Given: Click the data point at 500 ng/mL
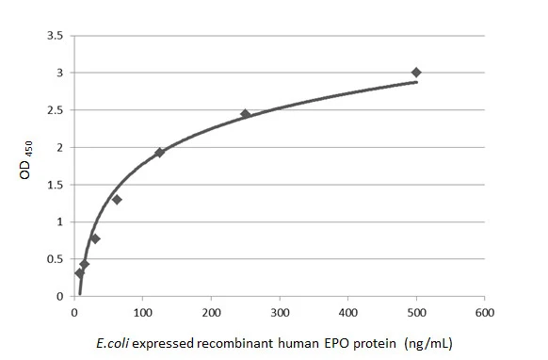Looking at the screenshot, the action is pos(416,73).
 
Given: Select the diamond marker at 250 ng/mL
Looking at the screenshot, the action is pos(246,114).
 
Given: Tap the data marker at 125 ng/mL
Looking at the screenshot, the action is pos(160,153).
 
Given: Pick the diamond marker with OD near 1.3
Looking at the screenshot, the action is pos(117,200).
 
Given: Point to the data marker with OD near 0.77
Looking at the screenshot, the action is pos(95,239).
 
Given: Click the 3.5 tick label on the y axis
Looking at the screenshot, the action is pos(56,36).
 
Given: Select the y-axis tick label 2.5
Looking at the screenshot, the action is pos(56,110).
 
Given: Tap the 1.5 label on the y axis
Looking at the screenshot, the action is pos(56,185).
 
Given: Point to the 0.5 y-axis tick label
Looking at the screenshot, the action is pos(56,259).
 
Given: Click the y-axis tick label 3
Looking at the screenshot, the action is pos(60,73).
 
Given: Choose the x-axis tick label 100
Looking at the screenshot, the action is pos(142,313).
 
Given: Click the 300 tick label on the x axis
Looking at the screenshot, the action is pos(280,313).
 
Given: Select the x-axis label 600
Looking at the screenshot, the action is pos(485,313).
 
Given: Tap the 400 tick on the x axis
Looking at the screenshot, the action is pos(348,313).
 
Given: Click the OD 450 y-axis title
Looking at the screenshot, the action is pos(25,160).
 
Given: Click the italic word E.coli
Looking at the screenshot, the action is pos(112,343).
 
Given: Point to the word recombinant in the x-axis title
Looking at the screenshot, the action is pos(234,343).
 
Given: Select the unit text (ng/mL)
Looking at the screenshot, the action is pos(428,344).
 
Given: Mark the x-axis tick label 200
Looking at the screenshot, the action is pos(211,313).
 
